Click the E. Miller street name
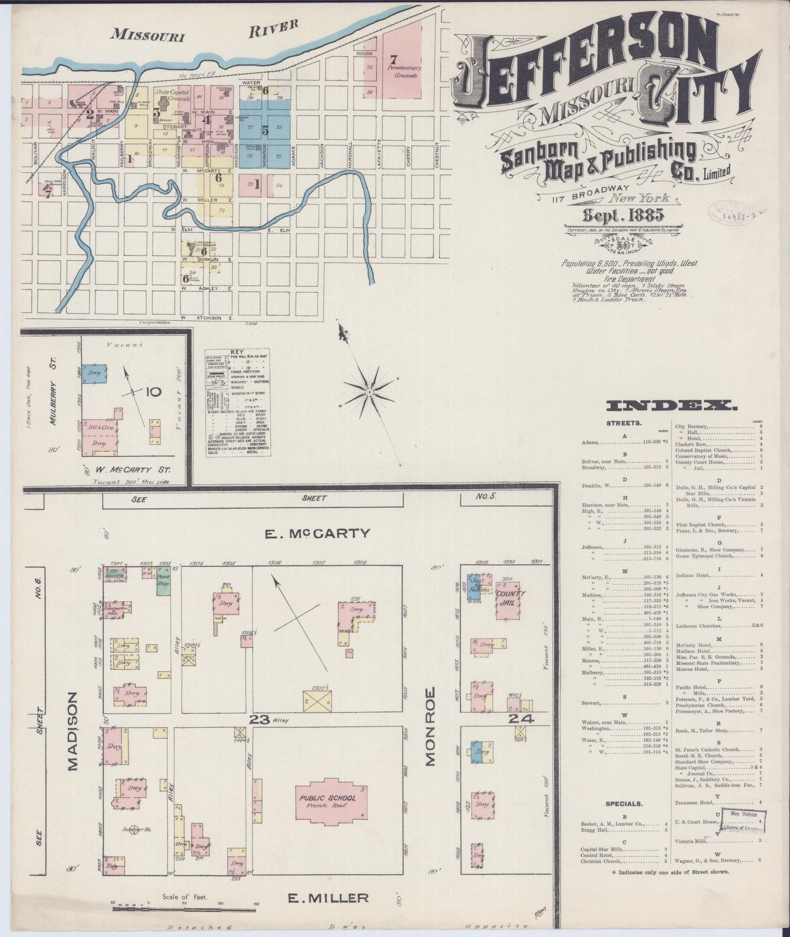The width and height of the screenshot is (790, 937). click(327, 897)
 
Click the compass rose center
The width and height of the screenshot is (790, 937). click(370, 392)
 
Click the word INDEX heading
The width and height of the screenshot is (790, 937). click(671, 406)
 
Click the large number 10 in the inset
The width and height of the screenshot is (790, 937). click(154, 391)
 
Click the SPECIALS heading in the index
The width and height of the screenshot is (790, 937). click(623, 804)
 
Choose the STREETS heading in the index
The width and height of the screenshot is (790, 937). click(623, 423)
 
